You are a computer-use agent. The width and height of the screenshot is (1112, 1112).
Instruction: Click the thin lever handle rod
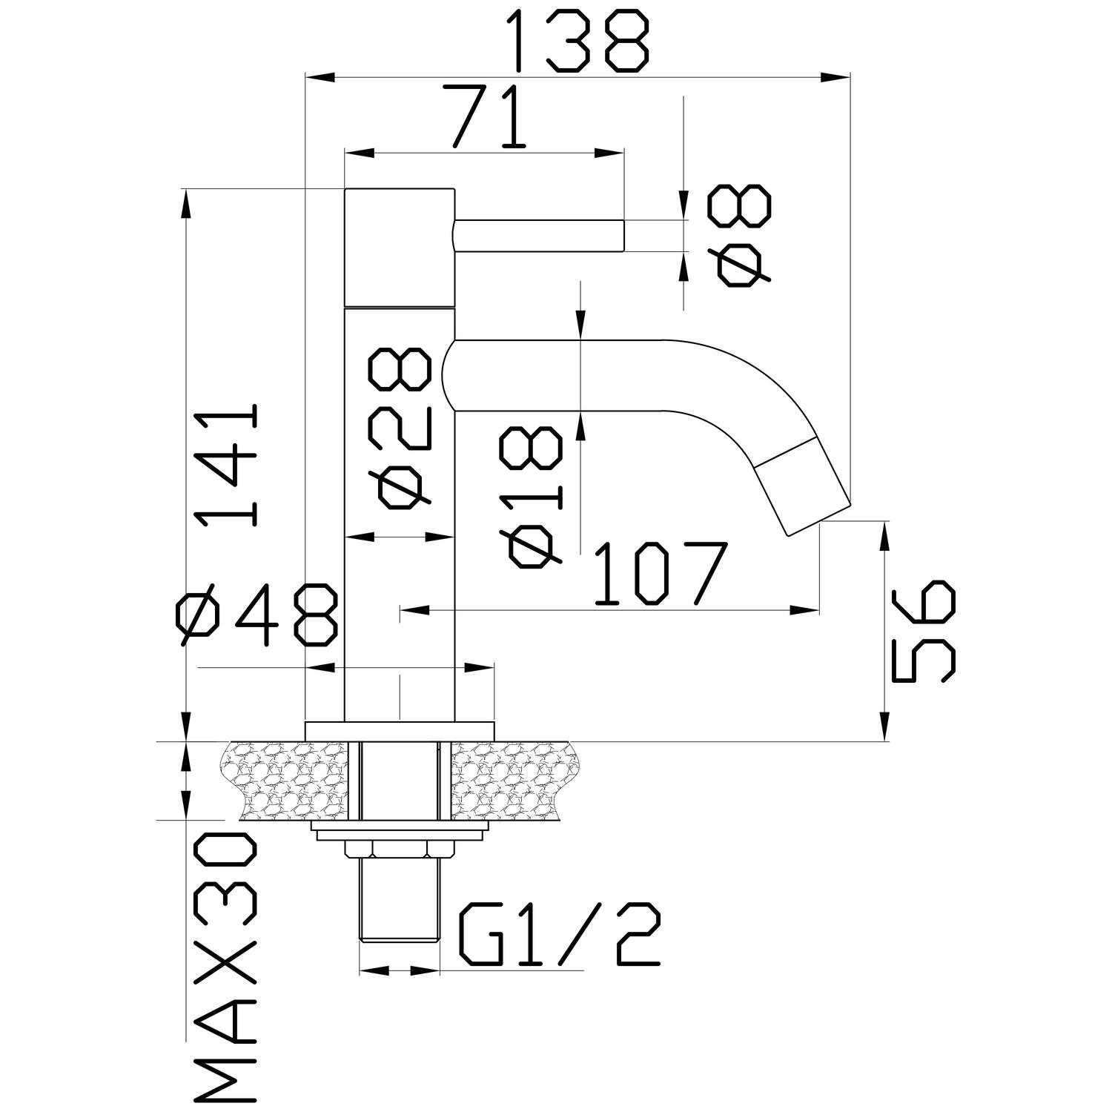538,236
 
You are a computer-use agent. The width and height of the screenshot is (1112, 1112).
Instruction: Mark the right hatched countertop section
511,781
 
